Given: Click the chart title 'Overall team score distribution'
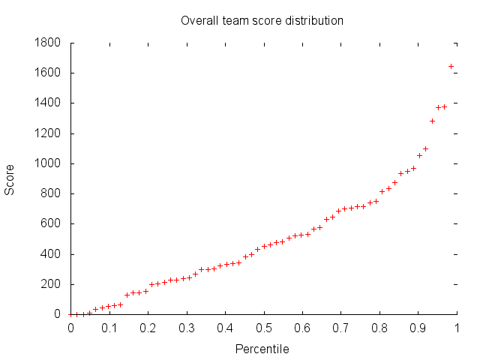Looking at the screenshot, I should (262, 20).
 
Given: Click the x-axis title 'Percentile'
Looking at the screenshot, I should (262, 349).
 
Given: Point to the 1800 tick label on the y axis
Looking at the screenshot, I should (47, 43).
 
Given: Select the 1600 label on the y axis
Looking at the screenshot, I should (47, 73).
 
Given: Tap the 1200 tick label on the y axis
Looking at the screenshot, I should (47, 133).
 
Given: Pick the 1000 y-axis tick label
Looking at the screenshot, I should (47, 163).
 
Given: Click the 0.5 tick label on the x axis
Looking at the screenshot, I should (263, 328).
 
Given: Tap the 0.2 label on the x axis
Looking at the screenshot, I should (148, 328).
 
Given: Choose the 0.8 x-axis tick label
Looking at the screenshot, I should (379, 328).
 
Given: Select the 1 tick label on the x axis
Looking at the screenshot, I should (457, 328).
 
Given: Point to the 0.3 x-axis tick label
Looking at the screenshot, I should (186, 328).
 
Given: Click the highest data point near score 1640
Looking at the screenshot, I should (451, 66).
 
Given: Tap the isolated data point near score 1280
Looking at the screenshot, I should (432, 121).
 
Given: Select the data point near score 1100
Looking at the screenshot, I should (425, 148).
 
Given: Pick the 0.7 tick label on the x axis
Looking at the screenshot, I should (340, 328).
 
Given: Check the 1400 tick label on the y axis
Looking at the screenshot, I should (47, 103).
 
